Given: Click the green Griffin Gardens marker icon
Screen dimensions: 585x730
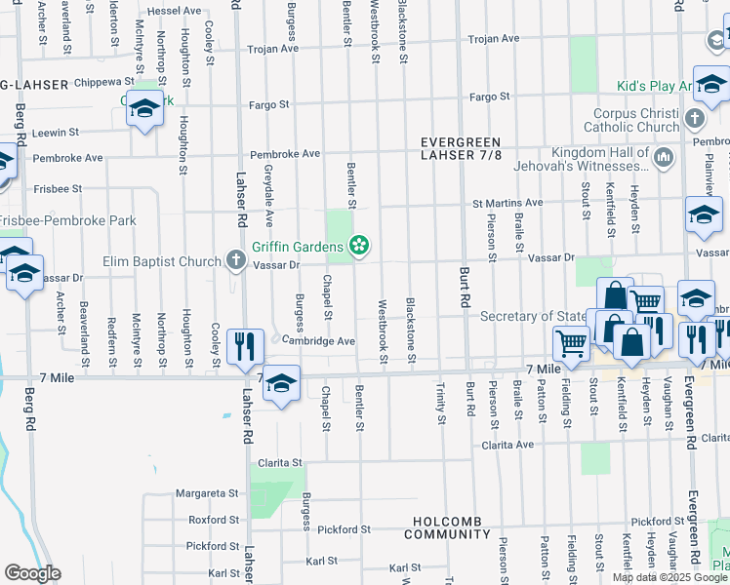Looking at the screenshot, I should pyautogui.click(x=360, y=246).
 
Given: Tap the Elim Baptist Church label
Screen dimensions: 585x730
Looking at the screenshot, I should pyautogui.click(x=163, y=261).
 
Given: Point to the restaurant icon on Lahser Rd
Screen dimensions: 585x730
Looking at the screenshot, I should pyautogui.click(x=244, y=347).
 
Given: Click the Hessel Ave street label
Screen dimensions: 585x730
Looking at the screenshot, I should pyautogui.click(x=176, y=10).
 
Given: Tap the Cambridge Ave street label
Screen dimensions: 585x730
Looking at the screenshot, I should pyautogui.click(x=319, y=341).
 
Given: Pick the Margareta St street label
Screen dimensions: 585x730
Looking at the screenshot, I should pyautogui.click(x=208, y=493).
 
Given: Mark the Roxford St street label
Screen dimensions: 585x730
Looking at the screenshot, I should pyautogui.click(x=214, y=520).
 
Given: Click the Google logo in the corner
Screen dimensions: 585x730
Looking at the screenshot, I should pyautogui.click(x=32, y=573).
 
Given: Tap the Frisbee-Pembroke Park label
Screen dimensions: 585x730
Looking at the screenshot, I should pyautogui.click(x=68, y=220).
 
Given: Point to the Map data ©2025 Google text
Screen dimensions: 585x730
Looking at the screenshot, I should pyautogui.click(x=669, y=577).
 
